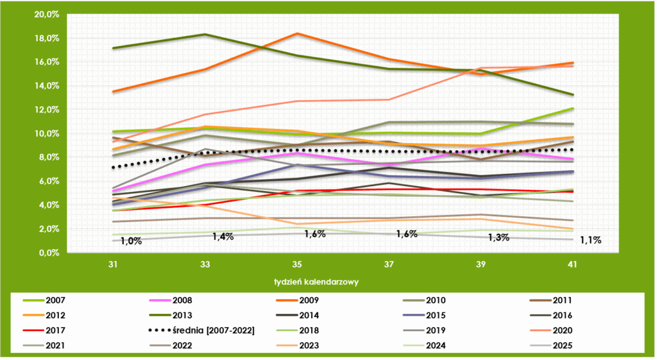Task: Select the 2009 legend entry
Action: [320, 300]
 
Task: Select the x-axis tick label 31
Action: [113, 264]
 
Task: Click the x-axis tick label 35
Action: [296, 264]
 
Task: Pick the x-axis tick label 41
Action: [572, 264]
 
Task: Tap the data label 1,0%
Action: [130, 241]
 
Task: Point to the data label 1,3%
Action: [499, 237]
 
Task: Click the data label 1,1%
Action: [590, 241]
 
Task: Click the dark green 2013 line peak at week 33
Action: [205, 34]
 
